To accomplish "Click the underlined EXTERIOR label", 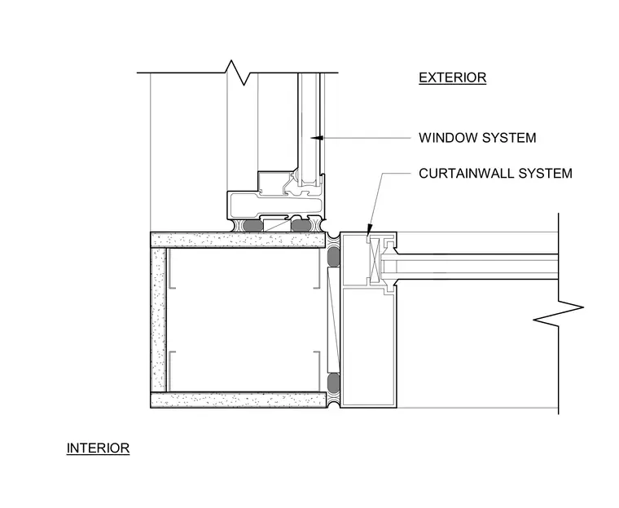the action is click(x=452, y=77).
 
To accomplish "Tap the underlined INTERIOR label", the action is click(x=98, y=448).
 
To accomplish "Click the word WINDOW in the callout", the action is click(x=448, y=138).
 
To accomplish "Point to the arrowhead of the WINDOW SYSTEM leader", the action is click(x=317, y=138).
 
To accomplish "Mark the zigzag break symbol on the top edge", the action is click(x=237, y=73).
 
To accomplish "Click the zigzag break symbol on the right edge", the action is click(x=558, y=313).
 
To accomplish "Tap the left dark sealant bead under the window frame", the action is click(x=252, y=226).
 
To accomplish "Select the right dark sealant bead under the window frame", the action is click(x=301, y=226).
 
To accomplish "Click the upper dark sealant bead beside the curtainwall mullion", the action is click(x=334, y=256).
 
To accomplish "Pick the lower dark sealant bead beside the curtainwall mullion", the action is click(x=334, y=382).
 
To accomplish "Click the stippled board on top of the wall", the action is click(x=239, y=240).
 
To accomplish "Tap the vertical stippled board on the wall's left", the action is click(x=159, y=320).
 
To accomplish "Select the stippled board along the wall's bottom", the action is click(x=239, y=400).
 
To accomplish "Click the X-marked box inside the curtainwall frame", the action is click(x=374, y=260).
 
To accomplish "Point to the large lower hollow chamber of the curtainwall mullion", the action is click(x=368, y=347).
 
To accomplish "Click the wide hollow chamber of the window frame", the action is click(x=275, y=205).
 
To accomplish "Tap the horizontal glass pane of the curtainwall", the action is click(x=470, y=263).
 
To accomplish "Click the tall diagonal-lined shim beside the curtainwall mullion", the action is click(x=333, y=320).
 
